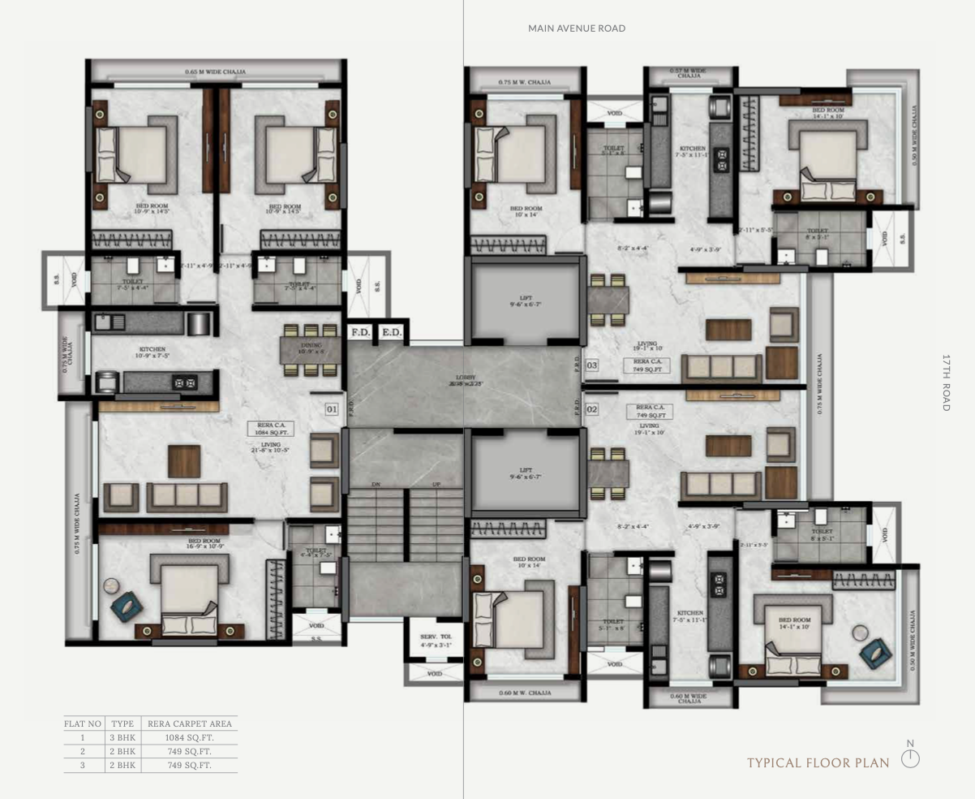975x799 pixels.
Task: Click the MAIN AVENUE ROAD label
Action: click(x=577, y=28)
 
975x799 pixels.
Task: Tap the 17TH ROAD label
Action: click(x=946, y=382)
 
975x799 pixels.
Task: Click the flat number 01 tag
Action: click(x=332, y=409)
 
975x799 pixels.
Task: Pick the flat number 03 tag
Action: click(x=592, y=365)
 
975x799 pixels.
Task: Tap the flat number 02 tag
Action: click(x=592, y=410)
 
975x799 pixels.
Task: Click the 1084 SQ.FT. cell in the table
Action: click(x=189, y=737)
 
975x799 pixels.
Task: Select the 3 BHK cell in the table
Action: click(x=122, y=737)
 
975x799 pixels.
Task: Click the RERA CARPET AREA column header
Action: click(x=189, y=723)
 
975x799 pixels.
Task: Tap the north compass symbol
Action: click(x=911, y=758)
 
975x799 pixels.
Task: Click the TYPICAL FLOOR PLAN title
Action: click(x=818, y=762)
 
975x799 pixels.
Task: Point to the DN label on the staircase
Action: click(x=376, y=484)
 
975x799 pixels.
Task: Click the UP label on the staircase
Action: click(x=436, y=484)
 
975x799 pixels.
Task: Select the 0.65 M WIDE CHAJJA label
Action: click(x=215, y=71)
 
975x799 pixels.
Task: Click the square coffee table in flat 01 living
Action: click(x=184, y=461)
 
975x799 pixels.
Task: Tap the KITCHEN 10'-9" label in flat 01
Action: click(x=152, y=352)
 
